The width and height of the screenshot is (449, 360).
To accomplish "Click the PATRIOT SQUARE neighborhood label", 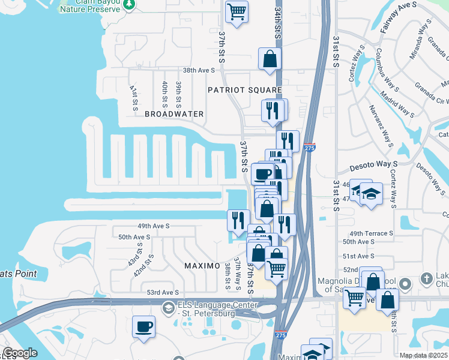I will (x=244, y=90).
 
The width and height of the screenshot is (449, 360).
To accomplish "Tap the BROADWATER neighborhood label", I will (x=174, y=114).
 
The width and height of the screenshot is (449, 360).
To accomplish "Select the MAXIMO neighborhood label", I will (x=202, y=265).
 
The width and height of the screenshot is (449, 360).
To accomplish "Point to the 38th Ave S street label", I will (x=199, y=70).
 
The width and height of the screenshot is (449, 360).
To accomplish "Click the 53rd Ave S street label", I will (x=163, y=292).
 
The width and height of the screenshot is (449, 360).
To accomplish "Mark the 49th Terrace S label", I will (x=371, y=233).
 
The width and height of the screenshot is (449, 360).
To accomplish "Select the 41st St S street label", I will (x=134, y=97).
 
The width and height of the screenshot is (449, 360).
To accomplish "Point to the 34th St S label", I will (x=277, y=23).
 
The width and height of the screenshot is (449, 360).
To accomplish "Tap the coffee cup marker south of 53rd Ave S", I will (x=143, y=327).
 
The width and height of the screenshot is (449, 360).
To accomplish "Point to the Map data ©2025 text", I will (x=423, y=355).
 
